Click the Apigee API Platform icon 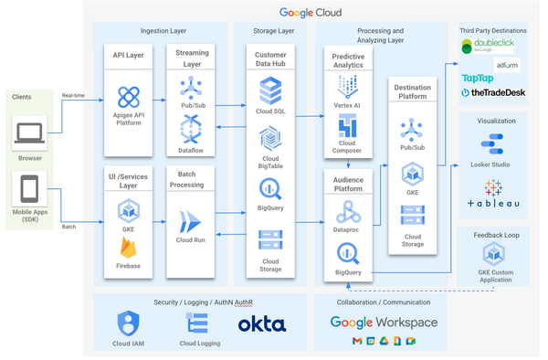tap(129, 96)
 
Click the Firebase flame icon tap(129, 248)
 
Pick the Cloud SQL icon tap(270, 90)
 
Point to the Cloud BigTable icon tap(270, 139)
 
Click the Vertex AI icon tap(347, 87)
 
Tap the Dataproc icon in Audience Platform tap(347, 212)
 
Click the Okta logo tap(262, 323)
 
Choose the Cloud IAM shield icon tap(129, 323)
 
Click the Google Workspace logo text tap(383, 323)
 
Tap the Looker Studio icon tap(494, 143)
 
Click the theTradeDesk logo tap(493, 92)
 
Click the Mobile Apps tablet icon tap(29, 190)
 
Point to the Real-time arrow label tap(74, 94)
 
